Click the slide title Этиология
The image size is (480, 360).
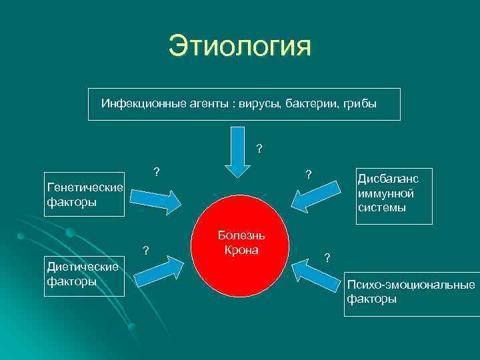coord(239,46)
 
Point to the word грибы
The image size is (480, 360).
coord(360,104)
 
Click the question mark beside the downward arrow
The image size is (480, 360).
coord(259,148)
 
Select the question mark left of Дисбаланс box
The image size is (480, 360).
coord(308,175)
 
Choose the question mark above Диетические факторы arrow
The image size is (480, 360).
coord(146,251)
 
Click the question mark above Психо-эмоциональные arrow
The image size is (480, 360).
coord(327,257)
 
